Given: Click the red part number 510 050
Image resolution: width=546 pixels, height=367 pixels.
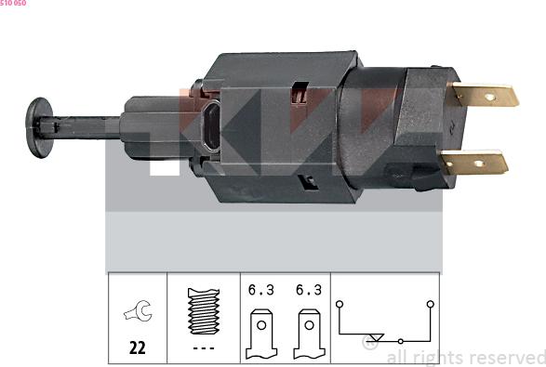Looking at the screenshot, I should click(13, 4).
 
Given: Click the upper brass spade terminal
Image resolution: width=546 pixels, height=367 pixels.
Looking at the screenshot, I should click(484, 95).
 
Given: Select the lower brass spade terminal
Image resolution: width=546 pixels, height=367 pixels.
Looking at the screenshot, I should click(475, 164).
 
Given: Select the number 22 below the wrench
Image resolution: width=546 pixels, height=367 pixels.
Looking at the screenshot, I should click(137, 349).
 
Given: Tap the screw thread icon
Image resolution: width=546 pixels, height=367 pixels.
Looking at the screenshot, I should click(203, 311).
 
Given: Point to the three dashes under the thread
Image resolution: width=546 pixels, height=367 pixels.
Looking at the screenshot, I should click(203, 348).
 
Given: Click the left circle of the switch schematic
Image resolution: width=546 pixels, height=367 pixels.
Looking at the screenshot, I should click(340, 303).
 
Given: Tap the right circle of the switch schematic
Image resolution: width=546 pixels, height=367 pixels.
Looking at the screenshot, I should click(430, 303).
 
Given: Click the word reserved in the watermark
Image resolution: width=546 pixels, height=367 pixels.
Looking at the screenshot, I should click(508, 357).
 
